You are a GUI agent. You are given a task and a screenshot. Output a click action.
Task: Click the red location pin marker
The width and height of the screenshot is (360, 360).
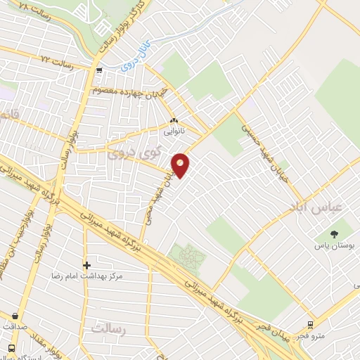[x=181, y=165]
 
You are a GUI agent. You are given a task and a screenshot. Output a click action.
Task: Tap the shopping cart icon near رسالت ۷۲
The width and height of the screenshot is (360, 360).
[x=99, y=70]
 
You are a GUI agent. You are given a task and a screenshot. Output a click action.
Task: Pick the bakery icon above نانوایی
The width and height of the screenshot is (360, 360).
[x=173, y=121]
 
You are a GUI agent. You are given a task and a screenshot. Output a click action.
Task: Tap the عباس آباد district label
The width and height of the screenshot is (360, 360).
[x=315, y=205]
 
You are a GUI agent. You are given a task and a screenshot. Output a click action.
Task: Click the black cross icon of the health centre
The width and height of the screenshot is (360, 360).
[x=86, y=265]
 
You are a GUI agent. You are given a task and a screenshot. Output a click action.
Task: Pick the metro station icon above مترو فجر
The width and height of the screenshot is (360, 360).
[x=310, y=325]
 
